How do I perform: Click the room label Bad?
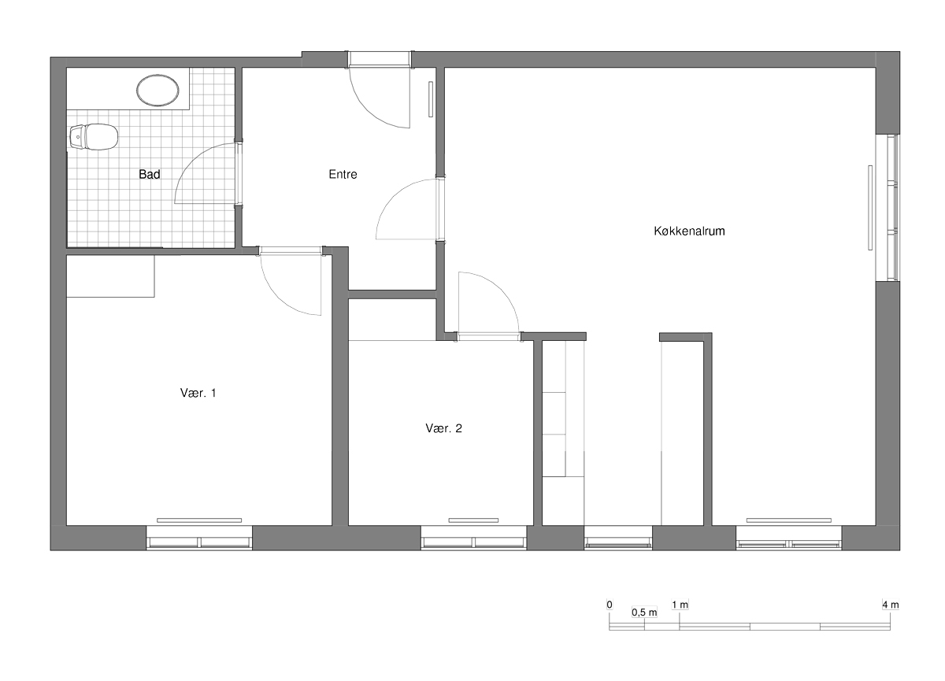150,174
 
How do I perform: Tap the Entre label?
343,174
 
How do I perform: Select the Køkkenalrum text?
689,231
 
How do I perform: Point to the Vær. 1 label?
198,393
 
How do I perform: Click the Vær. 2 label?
443,428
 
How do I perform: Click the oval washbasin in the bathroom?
157,91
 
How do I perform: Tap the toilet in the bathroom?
94,137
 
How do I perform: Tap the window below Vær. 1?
199,538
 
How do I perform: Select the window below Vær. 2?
474,538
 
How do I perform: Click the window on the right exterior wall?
888,208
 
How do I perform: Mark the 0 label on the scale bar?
610,605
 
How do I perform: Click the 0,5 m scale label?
644,613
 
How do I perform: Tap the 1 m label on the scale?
680,605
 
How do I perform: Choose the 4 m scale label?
890,605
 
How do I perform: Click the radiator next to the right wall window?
870,208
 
